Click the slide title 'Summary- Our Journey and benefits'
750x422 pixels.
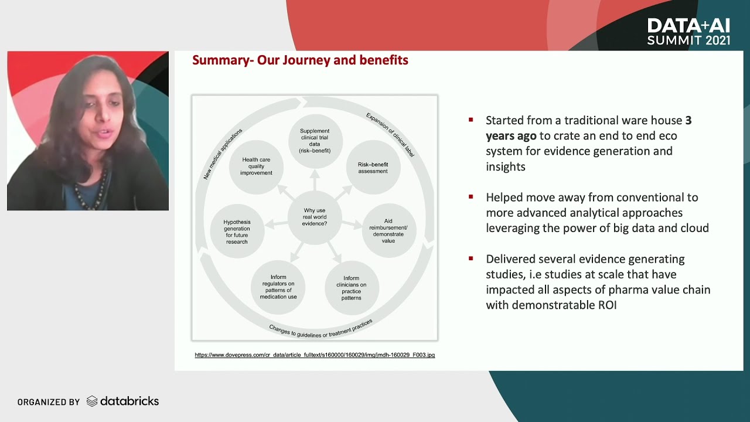(300, 60)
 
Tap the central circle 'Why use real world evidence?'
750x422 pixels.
(315, 217)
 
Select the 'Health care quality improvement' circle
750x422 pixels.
(256, 166)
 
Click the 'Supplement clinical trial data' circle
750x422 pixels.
(315, 141)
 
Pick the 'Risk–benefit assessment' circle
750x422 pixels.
(373, 168)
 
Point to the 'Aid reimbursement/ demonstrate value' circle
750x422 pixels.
(388, 231)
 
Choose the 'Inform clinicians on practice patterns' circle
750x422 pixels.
(351, 288)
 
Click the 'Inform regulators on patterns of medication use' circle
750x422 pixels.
(278, 287)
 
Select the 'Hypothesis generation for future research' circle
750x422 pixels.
(237, 232)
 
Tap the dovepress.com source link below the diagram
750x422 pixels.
(315, 355)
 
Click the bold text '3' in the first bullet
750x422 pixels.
(688, 120)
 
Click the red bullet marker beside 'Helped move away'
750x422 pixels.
(471, 197)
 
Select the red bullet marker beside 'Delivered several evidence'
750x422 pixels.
(471, 258)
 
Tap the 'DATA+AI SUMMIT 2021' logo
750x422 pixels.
(688, 32)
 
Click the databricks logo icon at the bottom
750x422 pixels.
(92, 401)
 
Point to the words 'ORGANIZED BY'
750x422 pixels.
(49, 402)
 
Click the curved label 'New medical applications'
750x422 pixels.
(222, 154)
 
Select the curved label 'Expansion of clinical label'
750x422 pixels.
(390, 135)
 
